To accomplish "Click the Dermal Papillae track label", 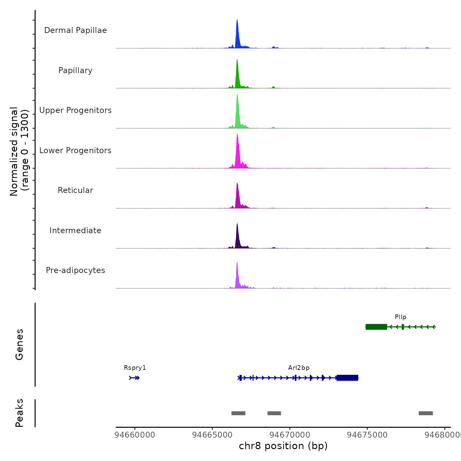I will (75, 30).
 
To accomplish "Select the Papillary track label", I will (75, 70).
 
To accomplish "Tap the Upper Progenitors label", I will (75, 110).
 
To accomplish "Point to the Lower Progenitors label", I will (75, 150).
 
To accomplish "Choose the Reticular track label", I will (75, 190).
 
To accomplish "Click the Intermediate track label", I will (75, 230).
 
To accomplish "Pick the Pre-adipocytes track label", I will (75, 270).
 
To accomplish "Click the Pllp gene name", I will (400, 317).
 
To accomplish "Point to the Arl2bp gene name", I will (299, 368).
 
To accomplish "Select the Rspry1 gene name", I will (135, 368).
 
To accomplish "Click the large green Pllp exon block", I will (376, 327).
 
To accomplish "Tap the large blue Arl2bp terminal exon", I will (347, 378).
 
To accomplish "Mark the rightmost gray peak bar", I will (425, 413).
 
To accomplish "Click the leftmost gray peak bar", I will (238, 413).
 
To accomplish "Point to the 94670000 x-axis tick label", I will (290, 435).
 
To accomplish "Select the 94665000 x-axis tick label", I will (212, 435).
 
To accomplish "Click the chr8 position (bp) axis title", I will (283, 446).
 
